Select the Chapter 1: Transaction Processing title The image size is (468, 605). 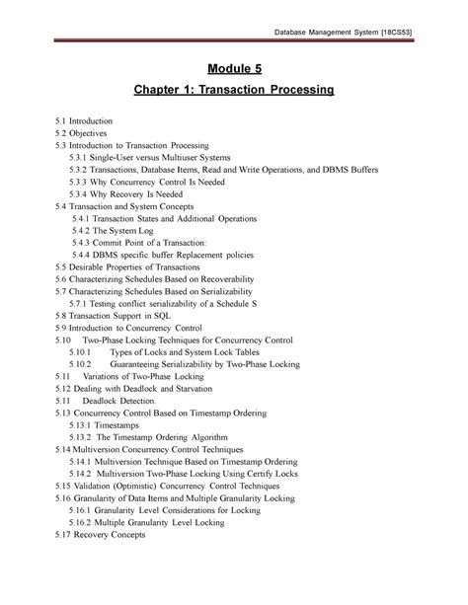234,91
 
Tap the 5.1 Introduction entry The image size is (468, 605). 85,119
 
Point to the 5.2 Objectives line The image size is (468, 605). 81,131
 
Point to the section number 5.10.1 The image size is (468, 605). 81,351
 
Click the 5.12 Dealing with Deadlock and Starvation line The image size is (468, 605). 136,390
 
